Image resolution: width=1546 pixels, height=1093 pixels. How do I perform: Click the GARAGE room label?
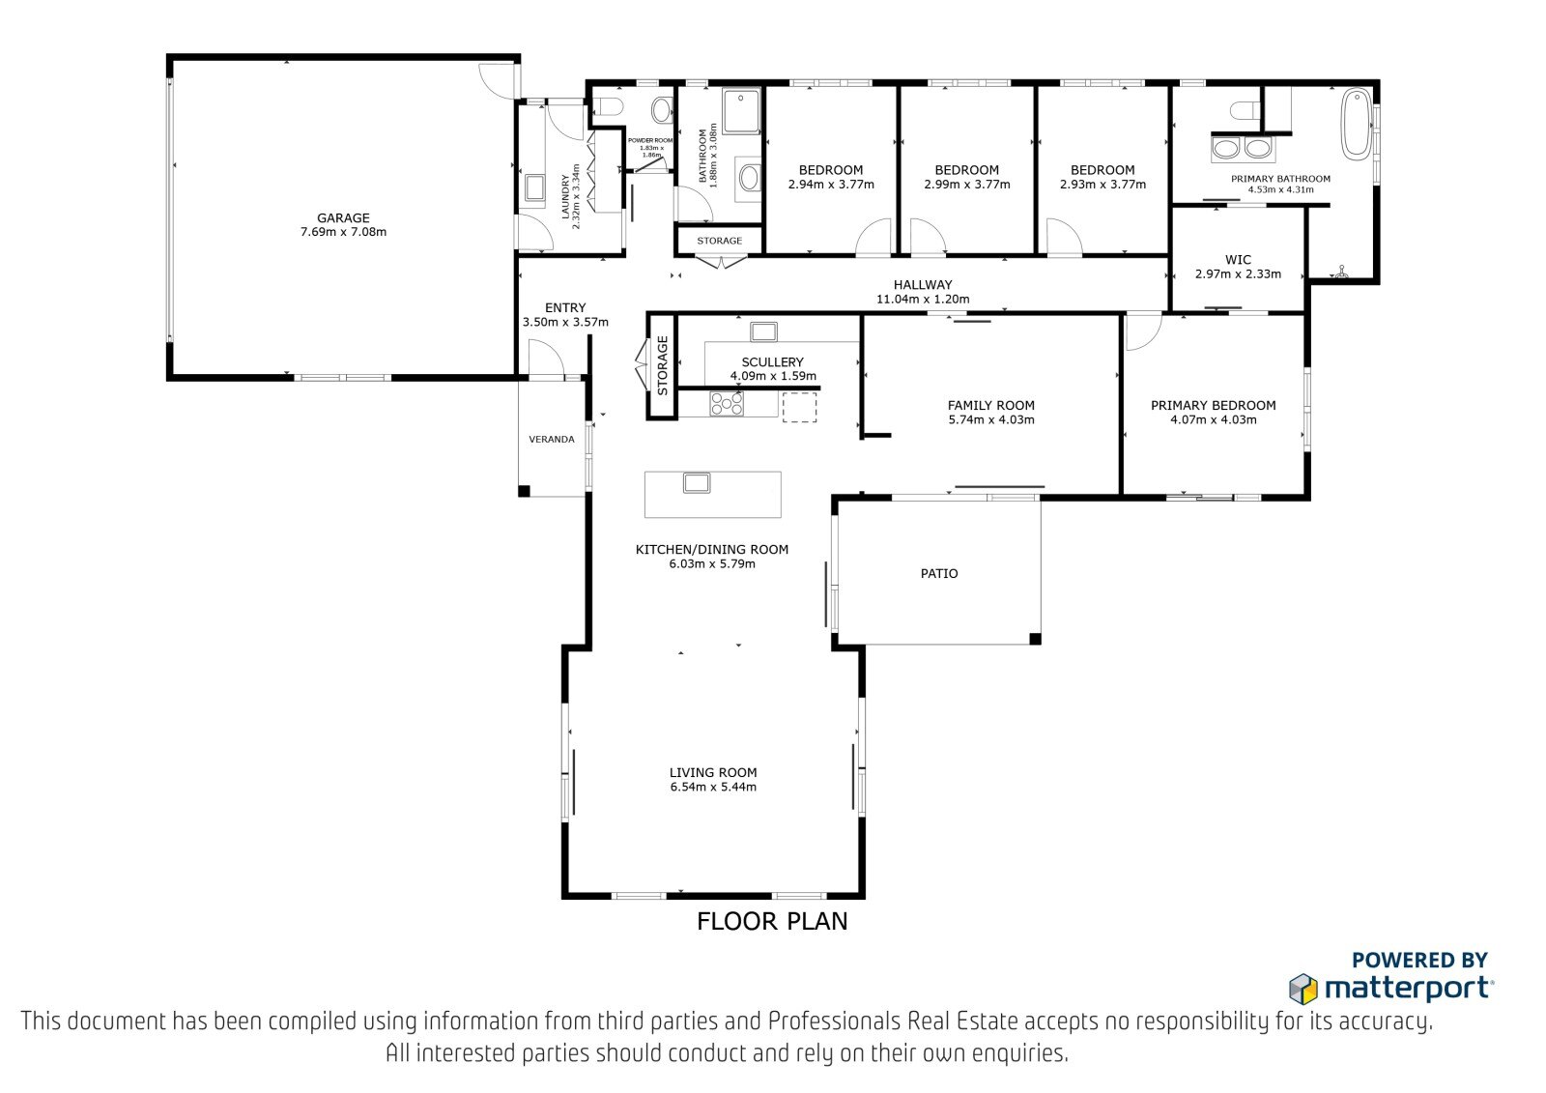click(343, 218)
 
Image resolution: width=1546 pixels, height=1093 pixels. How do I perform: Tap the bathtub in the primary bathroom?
click(1357, 125)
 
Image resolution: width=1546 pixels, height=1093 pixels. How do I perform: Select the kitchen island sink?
click(697, 482)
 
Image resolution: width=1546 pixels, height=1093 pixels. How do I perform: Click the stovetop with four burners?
click(727, 403)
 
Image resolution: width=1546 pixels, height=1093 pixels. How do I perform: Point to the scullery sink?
click(763, 332)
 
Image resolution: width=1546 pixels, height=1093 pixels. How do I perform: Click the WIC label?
click(1238, 260)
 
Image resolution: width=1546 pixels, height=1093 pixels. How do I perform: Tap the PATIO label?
click(938, 573)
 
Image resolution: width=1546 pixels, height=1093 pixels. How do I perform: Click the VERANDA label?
click(552, 439)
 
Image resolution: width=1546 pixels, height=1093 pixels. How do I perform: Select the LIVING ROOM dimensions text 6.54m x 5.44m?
click(713, 787)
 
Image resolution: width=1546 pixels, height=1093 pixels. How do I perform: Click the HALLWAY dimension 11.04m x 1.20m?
click(923, 299)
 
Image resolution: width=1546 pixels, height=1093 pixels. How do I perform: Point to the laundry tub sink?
click(534, 187)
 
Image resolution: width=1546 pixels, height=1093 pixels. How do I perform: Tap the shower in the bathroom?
click(741, 110)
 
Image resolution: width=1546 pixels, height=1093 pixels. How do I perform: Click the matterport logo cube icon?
click(1303, 989)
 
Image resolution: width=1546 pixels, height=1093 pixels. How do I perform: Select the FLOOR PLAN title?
click(772, 921)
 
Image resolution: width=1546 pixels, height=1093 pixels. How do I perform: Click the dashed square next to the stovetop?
click(799, 408)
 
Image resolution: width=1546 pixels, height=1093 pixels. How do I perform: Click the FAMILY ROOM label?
click(990, 405)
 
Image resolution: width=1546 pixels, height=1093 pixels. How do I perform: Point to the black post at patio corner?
click(1035, 639)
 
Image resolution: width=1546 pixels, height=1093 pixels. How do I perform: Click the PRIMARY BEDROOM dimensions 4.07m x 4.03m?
click(1214, 419)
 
